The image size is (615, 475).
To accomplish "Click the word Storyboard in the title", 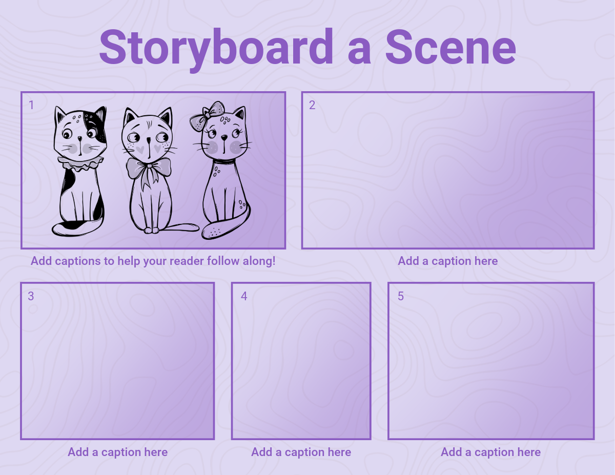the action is pos(216,49).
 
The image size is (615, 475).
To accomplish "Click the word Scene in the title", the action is pos(451,48).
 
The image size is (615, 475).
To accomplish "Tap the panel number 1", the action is pos(31,105).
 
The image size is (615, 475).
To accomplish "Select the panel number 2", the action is pos(312,105).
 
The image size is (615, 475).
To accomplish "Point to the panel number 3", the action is pos(31,296).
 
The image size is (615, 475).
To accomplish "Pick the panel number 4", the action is pos(244,296).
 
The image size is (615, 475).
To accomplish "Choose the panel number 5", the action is pos(401,296).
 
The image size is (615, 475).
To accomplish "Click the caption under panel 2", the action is pos(448,261).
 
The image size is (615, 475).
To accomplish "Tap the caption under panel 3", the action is pos(117,452).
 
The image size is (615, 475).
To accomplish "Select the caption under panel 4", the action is pos(301,452).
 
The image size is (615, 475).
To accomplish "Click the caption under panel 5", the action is pos(491,452).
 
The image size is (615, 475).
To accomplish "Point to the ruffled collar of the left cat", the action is pos(80,163).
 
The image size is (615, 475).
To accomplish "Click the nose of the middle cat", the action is pos(149,140).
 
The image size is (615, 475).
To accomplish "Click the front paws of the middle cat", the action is pos(152,230).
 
